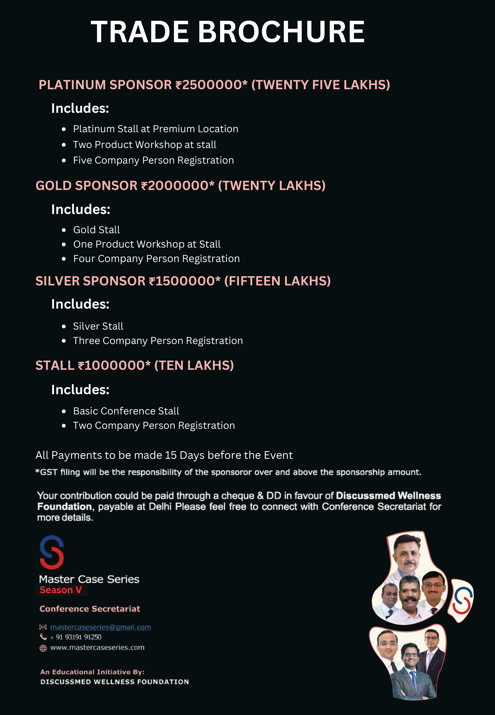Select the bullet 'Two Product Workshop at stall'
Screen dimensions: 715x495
(145, 145)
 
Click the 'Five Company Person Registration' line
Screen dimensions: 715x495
(153, 160)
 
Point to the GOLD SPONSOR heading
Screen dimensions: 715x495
(86, 186)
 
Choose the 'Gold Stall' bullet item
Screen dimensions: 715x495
(96, 230)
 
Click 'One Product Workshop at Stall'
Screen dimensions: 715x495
(147, 244)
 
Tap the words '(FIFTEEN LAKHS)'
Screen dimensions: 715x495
(277, 281)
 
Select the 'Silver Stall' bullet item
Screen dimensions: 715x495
(98, 326)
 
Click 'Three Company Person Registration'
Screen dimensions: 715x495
(158, 341)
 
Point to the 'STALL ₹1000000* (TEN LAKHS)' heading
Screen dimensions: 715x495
(135, 365)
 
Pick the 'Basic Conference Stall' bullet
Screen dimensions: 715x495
(126, 411)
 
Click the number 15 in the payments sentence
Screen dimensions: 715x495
(171, 455)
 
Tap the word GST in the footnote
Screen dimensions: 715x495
(49, 472)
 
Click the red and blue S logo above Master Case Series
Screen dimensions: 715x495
(52, 553)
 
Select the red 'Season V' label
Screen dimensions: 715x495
(61, 590)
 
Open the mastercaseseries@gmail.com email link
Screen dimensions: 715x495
(100, 627)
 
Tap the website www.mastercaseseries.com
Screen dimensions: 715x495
(97, 648)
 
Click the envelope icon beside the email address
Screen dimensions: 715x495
(43, 627)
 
